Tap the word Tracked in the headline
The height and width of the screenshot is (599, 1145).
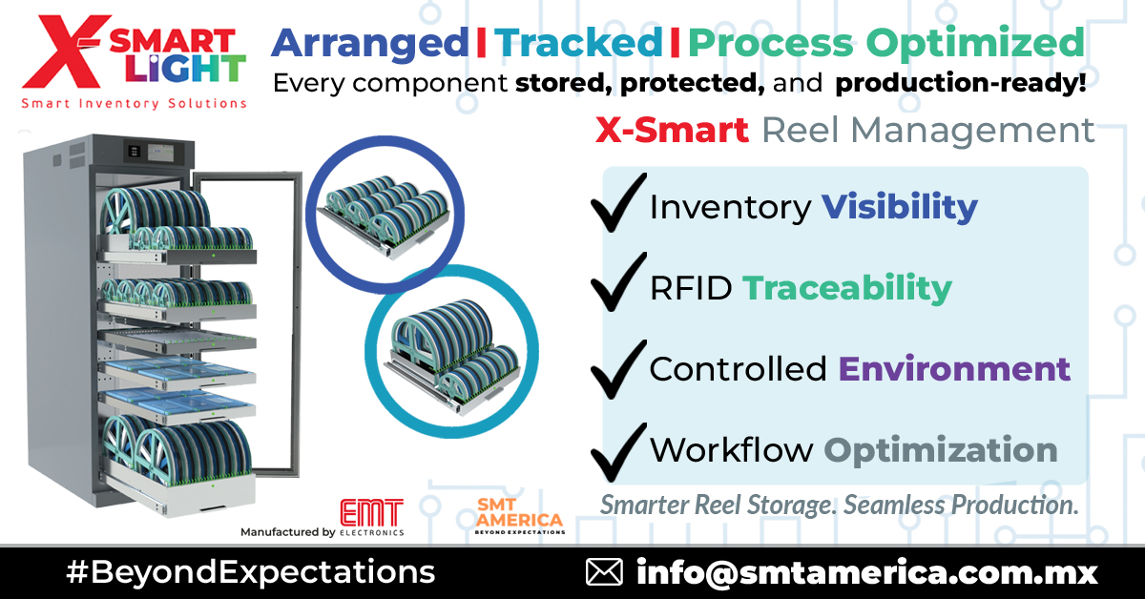[578, 42]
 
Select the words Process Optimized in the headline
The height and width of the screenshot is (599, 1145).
[886, 44]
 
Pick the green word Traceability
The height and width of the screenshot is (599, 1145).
[846, 287]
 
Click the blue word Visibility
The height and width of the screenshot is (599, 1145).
[900, 206]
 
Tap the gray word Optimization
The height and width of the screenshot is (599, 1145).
[940, 450]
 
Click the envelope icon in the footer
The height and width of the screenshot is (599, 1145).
[603, 572]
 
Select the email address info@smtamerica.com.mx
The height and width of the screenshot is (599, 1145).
[866, 572]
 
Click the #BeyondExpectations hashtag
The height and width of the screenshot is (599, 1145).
[250, 572]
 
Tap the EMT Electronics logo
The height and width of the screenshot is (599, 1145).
[371, 516]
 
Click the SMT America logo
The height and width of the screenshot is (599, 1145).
[519, 516]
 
